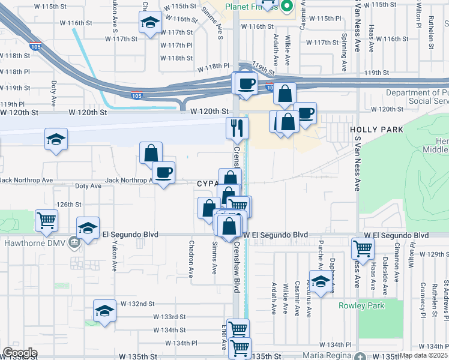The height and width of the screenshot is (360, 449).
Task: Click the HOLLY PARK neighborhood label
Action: pos(371,129)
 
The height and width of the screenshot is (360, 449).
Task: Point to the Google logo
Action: pos(19,353)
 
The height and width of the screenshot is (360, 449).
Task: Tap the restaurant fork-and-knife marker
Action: pos(237,127)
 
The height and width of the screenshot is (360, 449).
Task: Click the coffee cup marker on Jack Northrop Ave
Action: pos(163,173)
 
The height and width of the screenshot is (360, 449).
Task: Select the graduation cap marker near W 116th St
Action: pos(149,23)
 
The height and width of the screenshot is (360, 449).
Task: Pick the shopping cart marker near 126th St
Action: pos(46,220)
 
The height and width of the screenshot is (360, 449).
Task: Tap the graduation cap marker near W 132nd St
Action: pos(104,311)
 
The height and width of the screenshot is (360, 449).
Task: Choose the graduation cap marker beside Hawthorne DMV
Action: pos(88,228)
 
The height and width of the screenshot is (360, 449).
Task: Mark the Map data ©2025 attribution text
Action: pos(423,355)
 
